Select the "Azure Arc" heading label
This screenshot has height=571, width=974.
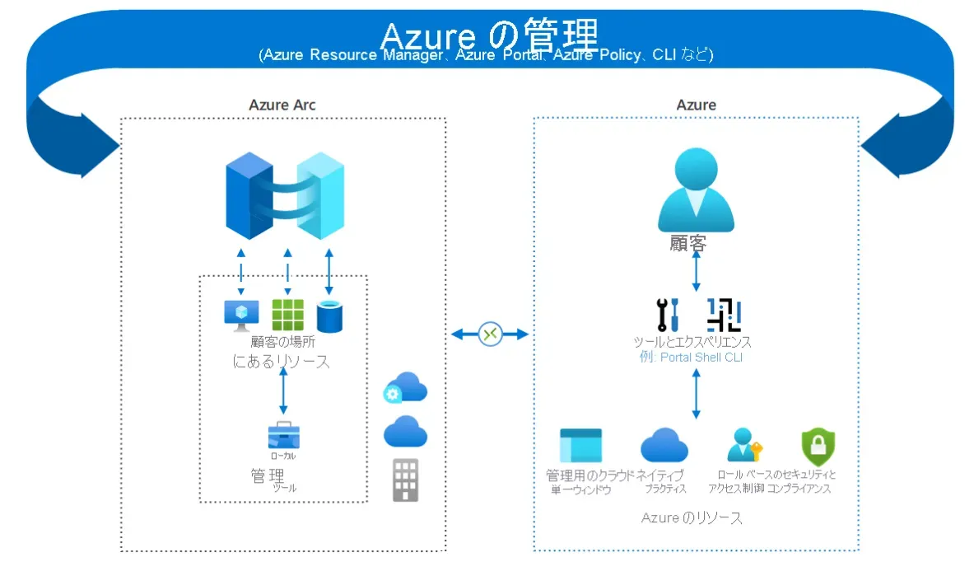(282, 105)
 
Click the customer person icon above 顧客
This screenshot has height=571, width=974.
(696, 192)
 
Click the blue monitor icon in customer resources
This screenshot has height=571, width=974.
(241, 315)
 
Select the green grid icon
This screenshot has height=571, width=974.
(287, 315)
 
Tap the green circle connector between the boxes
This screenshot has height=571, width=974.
(491, 334)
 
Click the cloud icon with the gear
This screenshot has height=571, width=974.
(404, 387)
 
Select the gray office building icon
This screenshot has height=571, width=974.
(404, 480)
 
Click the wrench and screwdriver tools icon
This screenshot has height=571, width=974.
(666, 315)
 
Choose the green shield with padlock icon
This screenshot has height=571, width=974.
(818, 447)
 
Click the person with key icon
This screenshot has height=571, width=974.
(744, 446)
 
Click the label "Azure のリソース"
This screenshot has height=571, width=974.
(692, 518)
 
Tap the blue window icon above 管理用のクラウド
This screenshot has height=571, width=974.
(580, 446)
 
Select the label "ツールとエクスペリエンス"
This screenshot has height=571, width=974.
(692, 342)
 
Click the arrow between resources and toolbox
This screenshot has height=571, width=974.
(284, 391)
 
